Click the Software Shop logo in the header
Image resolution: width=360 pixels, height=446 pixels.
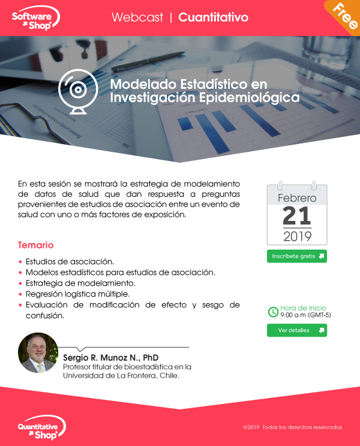36,18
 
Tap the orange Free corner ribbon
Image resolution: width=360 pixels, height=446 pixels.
344,16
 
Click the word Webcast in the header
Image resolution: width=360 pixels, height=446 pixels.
137,17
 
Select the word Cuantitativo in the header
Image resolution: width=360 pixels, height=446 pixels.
213,17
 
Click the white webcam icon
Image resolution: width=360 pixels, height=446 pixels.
78,92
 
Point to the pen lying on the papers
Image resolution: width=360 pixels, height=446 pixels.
148,61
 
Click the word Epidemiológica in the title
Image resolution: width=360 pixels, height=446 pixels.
249,98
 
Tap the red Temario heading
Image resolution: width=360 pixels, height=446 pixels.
35,245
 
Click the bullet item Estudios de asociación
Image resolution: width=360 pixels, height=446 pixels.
70,261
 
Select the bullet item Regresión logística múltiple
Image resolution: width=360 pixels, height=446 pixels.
77,294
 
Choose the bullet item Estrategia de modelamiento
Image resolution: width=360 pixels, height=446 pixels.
80,283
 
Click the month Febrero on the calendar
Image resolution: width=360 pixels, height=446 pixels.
297,198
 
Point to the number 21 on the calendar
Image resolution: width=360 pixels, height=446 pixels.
297,216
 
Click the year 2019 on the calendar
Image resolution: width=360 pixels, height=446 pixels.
297,237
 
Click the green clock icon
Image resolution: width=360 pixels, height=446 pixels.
273,312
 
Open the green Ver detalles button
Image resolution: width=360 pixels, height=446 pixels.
297,330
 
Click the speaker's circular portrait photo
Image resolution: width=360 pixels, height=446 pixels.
38,353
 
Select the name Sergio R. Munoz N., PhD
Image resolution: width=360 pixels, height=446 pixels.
110,358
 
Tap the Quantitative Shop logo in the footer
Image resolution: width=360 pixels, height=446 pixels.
41,427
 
